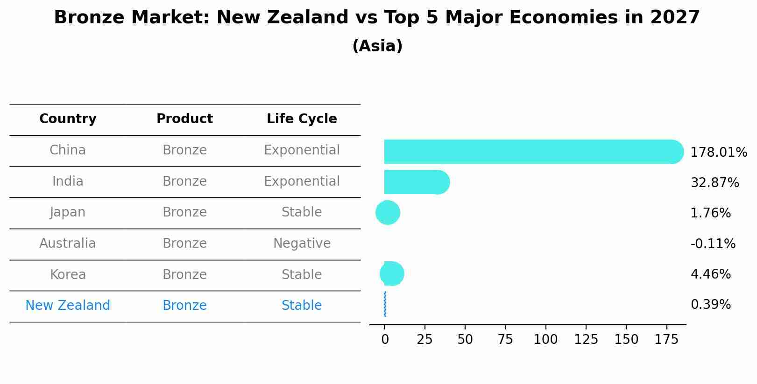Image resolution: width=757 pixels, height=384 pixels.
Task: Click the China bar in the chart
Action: (x=528, y=152)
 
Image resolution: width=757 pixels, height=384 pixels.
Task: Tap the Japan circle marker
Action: (x=388, y=213)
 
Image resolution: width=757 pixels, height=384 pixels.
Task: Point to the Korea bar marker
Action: (x=392, y=274)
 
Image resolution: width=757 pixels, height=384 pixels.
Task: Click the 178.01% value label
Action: (x=718, y=153)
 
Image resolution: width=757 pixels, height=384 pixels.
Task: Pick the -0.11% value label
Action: (x=713, y=244)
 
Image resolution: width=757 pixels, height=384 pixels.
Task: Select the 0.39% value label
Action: (x=710, y=305)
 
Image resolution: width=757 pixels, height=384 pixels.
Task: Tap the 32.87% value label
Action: (x=715, y=183)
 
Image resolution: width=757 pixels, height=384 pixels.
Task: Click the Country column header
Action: (x=68, y=119)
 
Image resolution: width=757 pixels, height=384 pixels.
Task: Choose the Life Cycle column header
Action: (x=302, y=119)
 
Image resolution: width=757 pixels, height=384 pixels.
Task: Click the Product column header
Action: (x=184, y=119)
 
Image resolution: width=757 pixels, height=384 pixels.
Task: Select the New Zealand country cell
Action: (x=68, y=306)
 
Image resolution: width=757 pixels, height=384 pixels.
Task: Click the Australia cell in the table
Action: (x=68, y=244)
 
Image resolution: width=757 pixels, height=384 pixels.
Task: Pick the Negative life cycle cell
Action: (x=302, y=244)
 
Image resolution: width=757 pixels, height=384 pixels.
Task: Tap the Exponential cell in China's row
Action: (x=302, y=150)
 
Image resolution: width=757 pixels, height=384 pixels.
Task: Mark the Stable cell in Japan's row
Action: (x=302, y=212)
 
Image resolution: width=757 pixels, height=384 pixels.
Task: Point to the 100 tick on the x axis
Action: (x=545, y=340)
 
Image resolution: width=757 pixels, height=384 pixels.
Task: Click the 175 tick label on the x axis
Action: (x=666, y=340)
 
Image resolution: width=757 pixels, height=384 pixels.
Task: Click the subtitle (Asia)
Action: (x=377, y=46)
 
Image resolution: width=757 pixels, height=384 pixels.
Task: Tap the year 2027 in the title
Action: (x=675, y=18)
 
